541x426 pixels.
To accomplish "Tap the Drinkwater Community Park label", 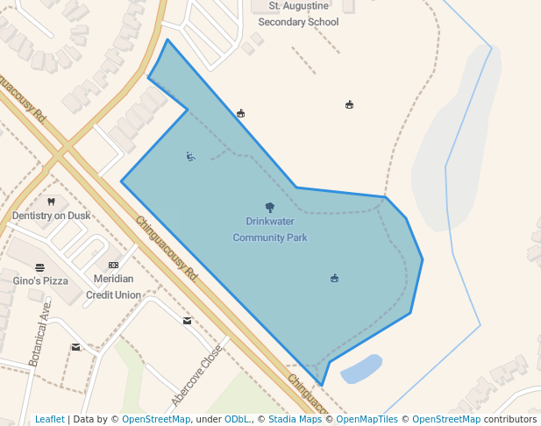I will tap(270, 230).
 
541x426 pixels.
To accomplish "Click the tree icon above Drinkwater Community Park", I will tap(269, 208).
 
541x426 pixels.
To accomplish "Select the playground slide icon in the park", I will tap(190, 157).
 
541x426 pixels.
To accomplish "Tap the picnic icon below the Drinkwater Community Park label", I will tap(334, 279).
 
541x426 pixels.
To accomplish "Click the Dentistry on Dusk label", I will tap(51, 216).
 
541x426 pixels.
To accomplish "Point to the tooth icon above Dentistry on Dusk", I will tap(51, 202).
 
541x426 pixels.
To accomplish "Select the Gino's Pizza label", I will tap(40, 280).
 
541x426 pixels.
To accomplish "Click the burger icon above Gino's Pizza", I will tap(39, 266).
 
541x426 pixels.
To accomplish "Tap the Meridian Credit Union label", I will tap(113, 287).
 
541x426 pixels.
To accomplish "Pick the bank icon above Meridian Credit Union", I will tap(113, 265).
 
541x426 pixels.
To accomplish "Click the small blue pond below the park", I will tap(361, 369).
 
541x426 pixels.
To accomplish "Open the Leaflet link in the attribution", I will tap(50, 419).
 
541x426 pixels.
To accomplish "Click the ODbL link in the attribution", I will tap(237, 419).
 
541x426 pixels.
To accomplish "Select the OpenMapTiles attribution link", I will tap(367, 419).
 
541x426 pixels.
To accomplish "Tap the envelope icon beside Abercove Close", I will tap(187, 321).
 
